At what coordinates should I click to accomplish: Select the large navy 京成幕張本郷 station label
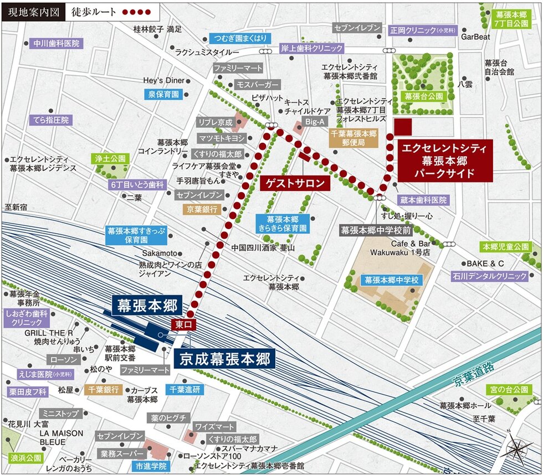(224, 359)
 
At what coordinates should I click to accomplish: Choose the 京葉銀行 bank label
(203, 209)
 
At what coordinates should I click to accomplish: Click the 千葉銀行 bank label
(104, 390)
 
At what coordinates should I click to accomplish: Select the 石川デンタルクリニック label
(489, 276)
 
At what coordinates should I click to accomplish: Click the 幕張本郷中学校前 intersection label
(376, 229)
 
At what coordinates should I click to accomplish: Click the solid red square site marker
(402, 127)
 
